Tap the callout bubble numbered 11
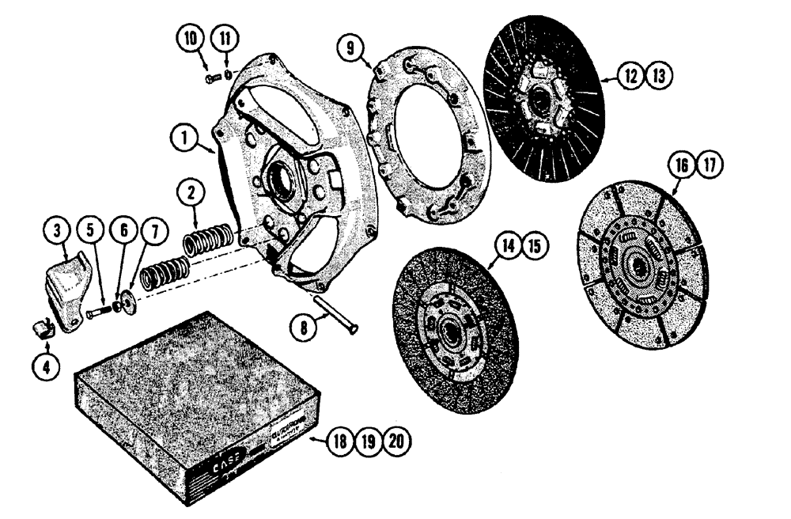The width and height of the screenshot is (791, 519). click(225, 40)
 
